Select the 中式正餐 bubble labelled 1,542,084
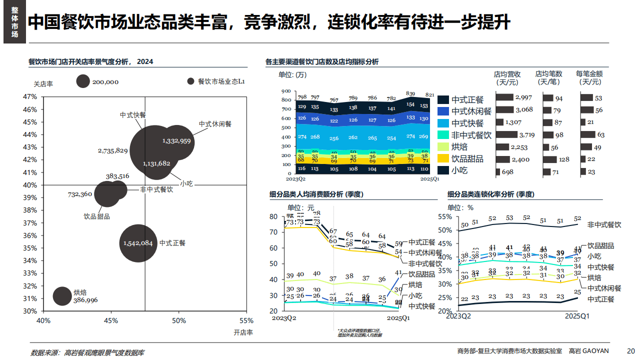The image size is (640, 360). coord(138,243)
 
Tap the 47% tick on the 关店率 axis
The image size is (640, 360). coord(31,97)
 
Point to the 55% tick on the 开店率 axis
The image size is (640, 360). coord(246,320)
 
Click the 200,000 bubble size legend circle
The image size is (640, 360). coord(83,81)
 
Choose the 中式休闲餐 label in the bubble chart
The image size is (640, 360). coord(215,124)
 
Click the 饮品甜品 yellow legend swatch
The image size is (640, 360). coord(443,158)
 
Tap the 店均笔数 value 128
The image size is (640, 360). coord(564,159)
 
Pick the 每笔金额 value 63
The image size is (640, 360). coord(600,134)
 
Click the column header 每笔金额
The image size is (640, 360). coord(588,77)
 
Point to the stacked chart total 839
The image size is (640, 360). coord(410,93)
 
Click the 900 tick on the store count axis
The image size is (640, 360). coord(286,91)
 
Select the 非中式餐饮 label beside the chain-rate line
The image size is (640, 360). coord(604,225)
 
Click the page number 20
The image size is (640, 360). coord(630,350)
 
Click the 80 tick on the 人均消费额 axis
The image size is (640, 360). coord(273,216)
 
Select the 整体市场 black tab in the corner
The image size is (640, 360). coord(14,22)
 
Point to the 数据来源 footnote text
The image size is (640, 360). coord(87,352)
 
